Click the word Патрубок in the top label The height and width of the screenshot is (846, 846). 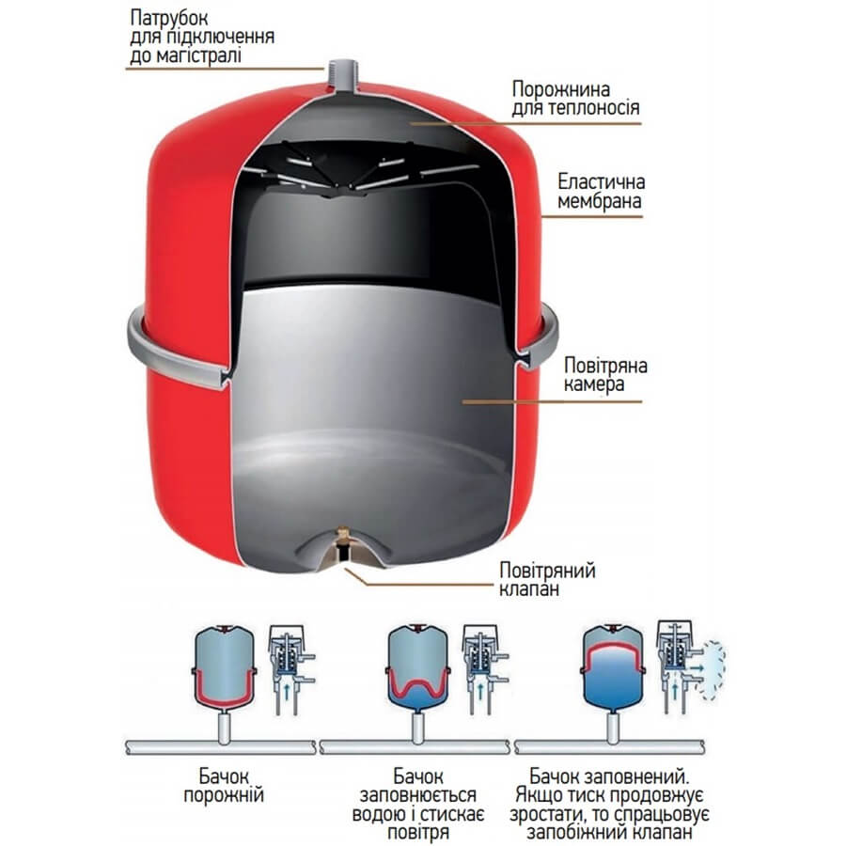[x=169, y=19]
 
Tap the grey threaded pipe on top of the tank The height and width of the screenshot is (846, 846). [x=342, y=72]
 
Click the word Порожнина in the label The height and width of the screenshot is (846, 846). [x=560, y=89]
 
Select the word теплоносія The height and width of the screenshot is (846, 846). [x=593, y=108]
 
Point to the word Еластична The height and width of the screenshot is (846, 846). [x=601, y=181]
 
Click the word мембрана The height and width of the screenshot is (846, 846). [x=599, y=201]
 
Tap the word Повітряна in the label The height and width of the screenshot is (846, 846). [x=605, y=366]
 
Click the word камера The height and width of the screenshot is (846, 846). [x=594, y=384]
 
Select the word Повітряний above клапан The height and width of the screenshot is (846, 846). [x=547, y=571]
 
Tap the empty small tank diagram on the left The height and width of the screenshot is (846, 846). [x=224, y=666]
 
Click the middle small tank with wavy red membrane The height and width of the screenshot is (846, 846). [x=417, y=666]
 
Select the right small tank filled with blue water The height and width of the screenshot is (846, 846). [x=612, y=666]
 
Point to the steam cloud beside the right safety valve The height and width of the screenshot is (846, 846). [x=713, y=668]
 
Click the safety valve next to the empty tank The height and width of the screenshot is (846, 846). [x=290, y=669]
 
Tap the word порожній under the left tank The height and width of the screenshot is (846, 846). [x=224, y=795]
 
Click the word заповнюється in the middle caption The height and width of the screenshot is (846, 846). [x=417, y=795]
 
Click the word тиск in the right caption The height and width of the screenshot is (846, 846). [x=588, y=795]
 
